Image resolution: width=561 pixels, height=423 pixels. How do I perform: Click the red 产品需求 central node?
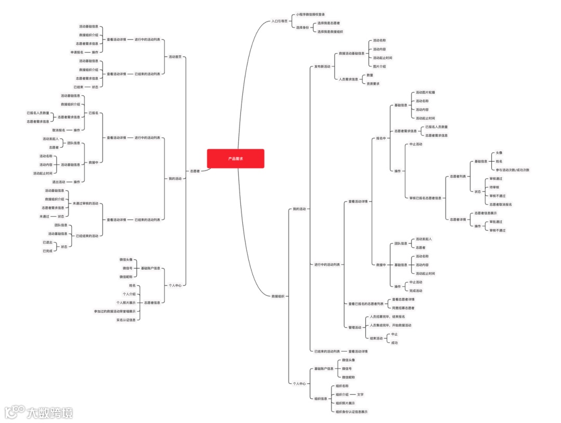pos(235,159)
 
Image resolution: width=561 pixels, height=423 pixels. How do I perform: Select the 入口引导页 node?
pos(279,21)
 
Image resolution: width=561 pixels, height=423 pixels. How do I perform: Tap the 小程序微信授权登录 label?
pos(311,15)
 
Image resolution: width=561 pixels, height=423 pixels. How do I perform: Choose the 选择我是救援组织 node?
pos(330,32)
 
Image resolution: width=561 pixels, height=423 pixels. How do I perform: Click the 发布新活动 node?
pos(322,66)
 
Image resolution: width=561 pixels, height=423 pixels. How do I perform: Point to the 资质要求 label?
pos(373,84)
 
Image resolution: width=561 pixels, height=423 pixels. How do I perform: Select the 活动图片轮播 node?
pos(425,92)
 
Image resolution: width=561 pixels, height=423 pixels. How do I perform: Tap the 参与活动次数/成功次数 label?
pos(512,170)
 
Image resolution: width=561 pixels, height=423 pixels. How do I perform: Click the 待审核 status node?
pos(495,187)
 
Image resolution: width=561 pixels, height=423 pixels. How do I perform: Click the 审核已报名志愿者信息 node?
pos(425,198)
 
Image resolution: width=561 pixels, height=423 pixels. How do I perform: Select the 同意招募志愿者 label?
pos(403,308)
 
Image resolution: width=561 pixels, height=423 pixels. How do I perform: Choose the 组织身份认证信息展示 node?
pos(352,412)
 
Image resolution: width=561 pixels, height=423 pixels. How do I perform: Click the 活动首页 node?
pos(175,57)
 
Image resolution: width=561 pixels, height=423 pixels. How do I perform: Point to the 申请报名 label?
pos(77,52)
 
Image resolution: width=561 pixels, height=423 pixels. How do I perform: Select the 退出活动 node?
pos(58,182)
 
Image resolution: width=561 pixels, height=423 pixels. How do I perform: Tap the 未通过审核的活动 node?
pos(85,203)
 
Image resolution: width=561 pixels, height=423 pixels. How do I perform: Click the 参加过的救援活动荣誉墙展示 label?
pos(115,311)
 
